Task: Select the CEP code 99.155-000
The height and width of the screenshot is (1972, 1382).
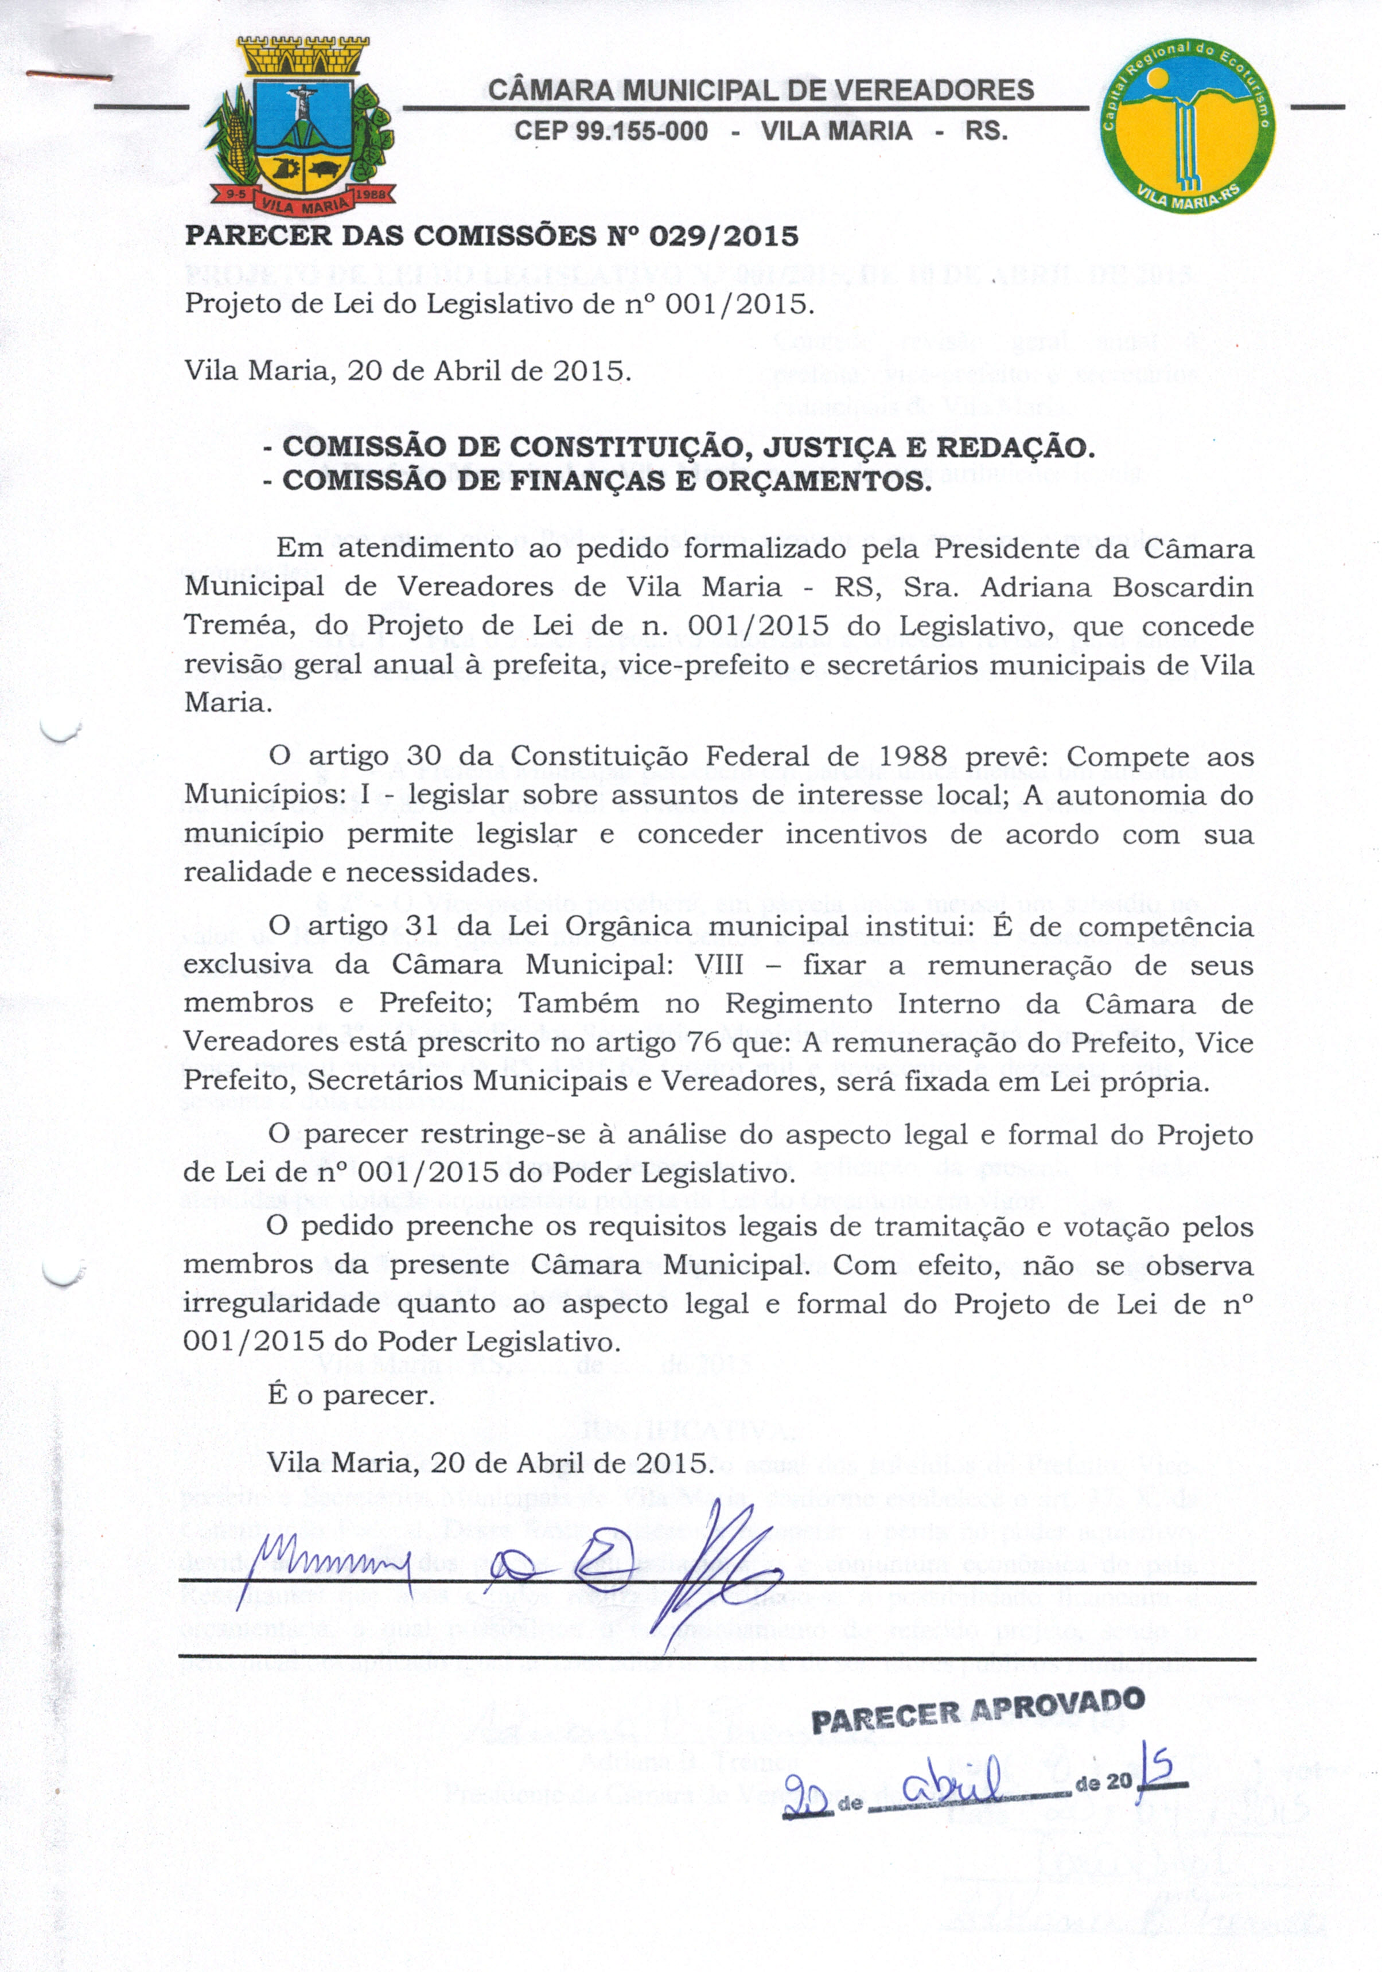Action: [x=611, y=131]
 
